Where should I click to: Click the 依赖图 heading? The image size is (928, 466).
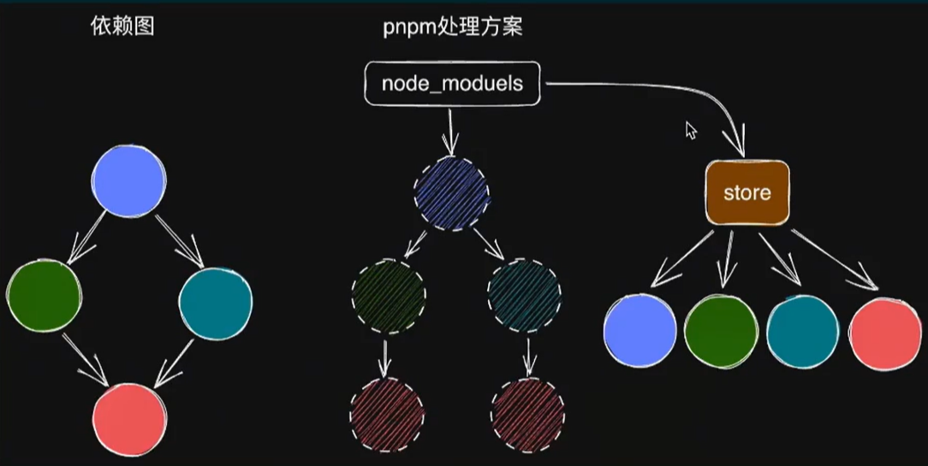pos(122,27)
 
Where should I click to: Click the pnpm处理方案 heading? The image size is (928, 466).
pos(452,27)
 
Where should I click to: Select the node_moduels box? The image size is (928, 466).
pos(452,85)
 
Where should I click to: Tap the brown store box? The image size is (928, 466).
pos(747,192)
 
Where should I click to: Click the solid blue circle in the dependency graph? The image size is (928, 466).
pos(128,180)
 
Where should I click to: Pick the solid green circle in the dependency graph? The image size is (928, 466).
pos(44,296)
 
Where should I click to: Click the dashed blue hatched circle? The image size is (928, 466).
pos(451,192)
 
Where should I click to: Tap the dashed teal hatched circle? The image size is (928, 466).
pos(525,296)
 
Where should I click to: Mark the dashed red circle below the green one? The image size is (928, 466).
pos(387,415)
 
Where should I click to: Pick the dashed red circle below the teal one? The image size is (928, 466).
pos(527,415)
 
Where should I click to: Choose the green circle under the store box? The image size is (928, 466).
pos(722,331)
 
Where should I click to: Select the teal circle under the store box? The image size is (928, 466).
pos(802,331)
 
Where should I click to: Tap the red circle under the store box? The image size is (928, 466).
pos(885,333)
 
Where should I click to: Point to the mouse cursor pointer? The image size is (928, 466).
pos(691,129)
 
